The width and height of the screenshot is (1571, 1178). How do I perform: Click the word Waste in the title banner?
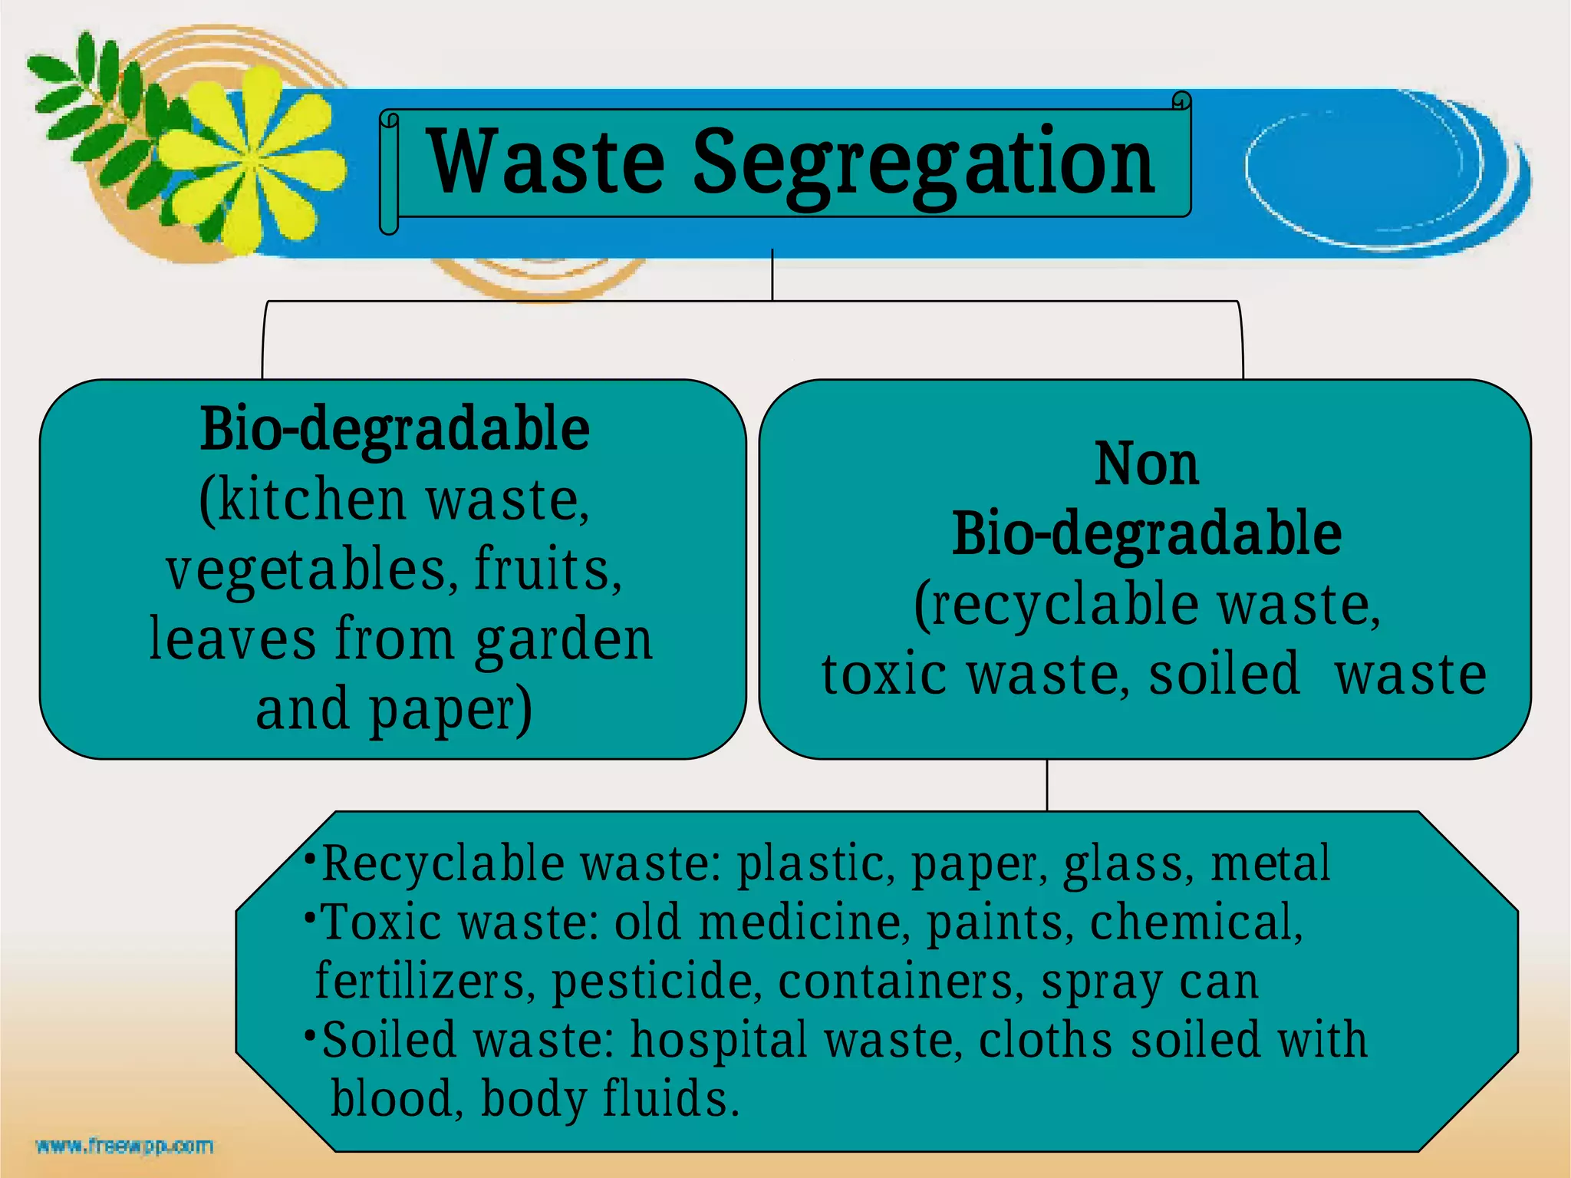click(x=546, y=163)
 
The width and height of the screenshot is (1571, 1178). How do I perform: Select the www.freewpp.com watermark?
click(x=124, y=1147)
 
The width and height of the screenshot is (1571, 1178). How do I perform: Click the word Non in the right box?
click(x=1146, y=465)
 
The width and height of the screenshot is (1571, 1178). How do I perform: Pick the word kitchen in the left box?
click(x=311, y=500)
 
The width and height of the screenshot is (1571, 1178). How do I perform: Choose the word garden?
click(x=564, y=641)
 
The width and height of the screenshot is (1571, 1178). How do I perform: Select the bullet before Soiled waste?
click(x=309, y=1034)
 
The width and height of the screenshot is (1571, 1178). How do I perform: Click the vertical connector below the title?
click(x=772, y=274)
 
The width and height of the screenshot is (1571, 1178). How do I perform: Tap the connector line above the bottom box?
click(x=1047, y=784)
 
